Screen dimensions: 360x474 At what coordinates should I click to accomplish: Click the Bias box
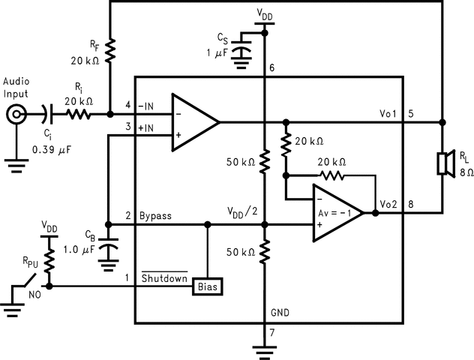coord(208,286)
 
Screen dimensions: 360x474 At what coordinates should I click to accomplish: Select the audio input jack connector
coord(15,115)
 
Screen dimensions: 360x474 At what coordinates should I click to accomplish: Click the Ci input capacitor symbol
coord(47,115)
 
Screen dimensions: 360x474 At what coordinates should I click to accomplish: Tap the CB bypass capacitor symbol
coord(109,247)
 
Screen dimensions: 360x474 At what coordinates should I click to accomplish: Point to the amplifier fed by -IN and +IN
coord(193,121)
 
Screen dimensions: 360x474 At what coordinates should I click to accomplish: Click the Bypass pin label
coord(155,216)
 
